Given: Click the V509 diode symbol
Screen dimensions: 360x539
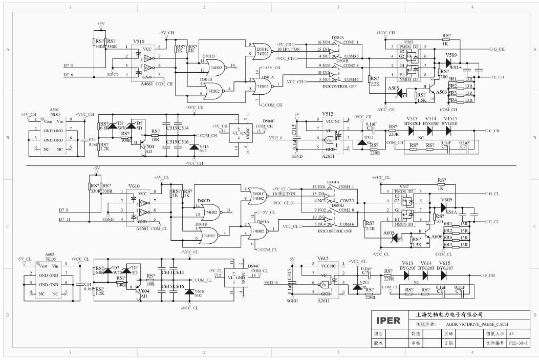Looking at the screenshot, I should (x=449, y=62).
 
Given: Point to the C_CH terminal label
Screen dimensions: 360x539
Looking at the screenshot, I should (x=495, y=131).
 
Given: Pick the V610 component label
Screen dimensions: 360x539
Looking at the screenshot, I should (x=134, y=186).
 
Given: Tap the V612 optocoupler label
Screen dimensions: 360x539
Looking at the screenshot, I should (x=324, y=259).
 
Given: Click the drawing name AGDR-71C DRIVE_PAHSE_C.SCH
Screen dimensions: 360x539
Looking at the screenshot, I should (x=477, y=325).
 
